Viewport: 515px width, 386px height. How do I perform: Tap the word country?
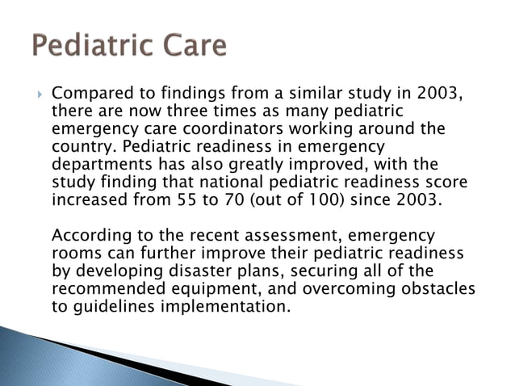[79, 147]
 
